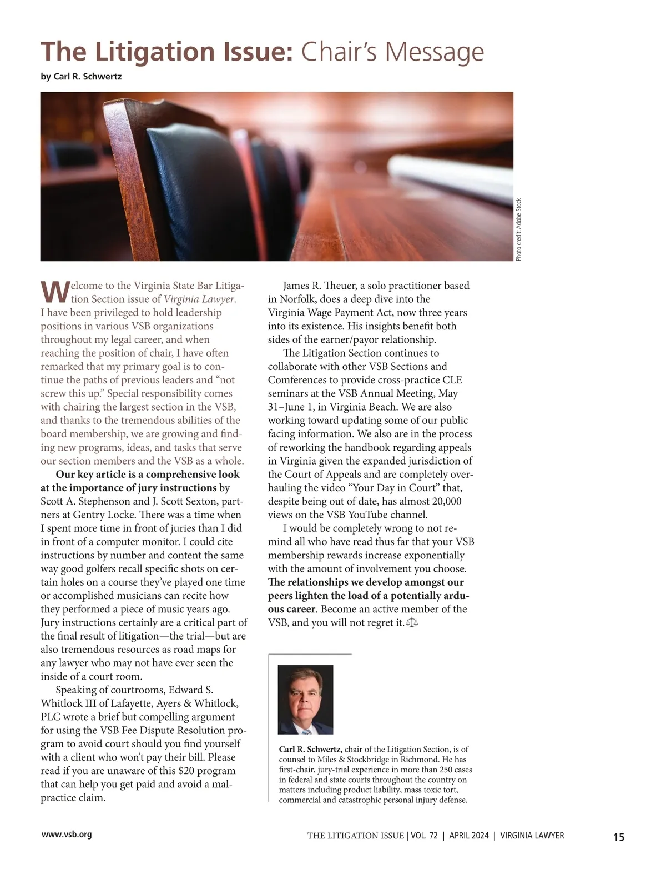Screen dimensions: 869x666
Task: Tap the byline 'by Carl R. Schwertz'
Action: tap(81, 77)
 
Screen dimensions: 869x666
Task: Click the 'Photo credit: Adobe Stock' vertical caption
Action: tap(518, 229)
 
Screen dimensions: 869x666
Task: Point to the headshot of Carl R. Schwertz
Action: tap(305, 699)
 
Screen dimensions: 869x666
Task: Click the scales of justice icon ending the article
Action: tap(412, 622)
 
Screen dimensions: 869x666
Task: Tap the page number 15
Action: tap(618, 837)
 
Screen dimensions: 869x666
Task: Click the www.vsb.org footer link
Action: tap(67, 834)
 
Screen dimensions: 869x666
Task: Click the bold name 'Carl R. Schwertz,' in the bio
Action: tap(310, 749)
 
